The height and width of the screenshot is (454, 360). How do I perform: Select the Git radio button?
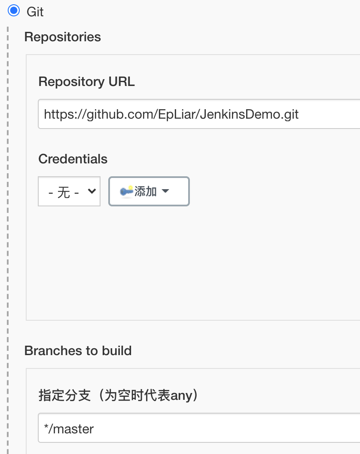pyautogui.click(x=14, y=11)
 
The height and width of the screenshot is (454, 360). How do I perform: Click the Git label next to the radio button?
pyautogui.click(x=35, y=12)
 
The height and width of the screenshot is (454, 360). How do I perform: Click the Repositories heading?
pyautogui.click(x=63, y=37)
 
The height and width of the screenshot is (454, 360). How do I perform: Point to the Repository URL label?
pyautogui.click(x=86, y=82)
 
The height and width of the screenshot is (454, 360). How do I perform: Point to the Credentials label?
pyautogui.click(x=73, y=159)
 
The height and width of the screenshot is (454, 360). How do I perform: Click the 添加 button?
pyautogui.click(x=149, y=191)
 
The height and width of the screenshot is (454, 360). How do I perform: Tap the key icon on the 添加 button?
pyautogui.click(x=126, y=191)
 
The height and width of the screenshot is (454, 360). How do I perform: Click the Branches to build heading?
pyautogui.click(x=78, y=351)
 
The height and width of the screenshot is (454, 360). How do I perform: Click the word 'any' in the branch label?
pyautogui.click(x=181, y=395)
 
